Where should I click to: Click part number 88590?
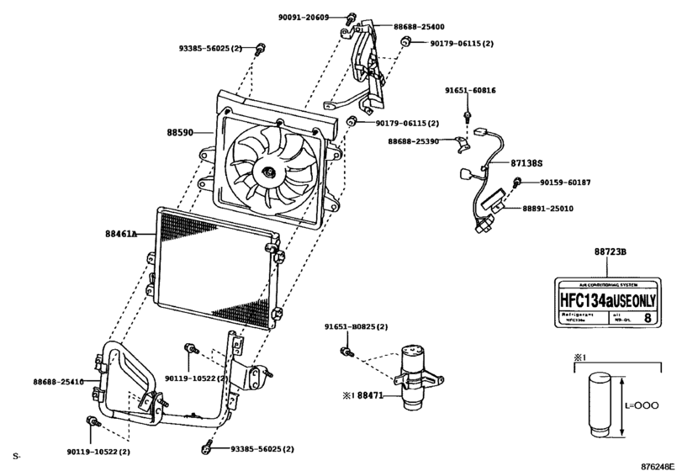(x=180, y=133)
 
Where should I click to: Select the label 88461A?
(x=122, y=235)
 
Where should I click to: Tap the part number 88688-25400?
(x=420, y=26)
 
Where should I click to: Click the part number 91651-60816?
(x=470, y=90)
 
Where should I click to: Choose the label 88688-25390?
(x=413, y=142)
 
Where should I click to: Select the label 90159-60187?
(x=565, y=183)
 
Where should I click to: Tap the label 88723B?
(x=611, y=251)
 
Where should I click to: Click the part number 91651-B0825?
(x=356, y=326)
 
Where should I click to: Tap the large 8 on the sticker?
(x=646, y=318)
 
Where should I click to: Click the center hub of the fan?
(x=268, y=173)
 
